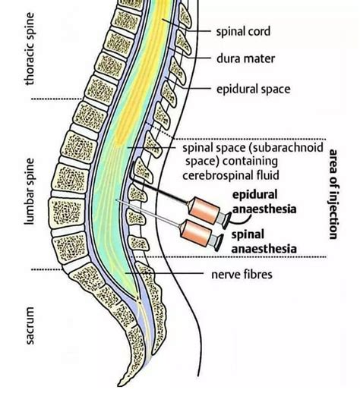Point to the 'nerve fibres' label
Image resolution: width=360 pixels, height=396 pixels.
pos(241,272)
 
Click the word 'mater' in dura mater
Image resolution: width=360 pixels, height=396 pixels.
pos(261,58)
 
